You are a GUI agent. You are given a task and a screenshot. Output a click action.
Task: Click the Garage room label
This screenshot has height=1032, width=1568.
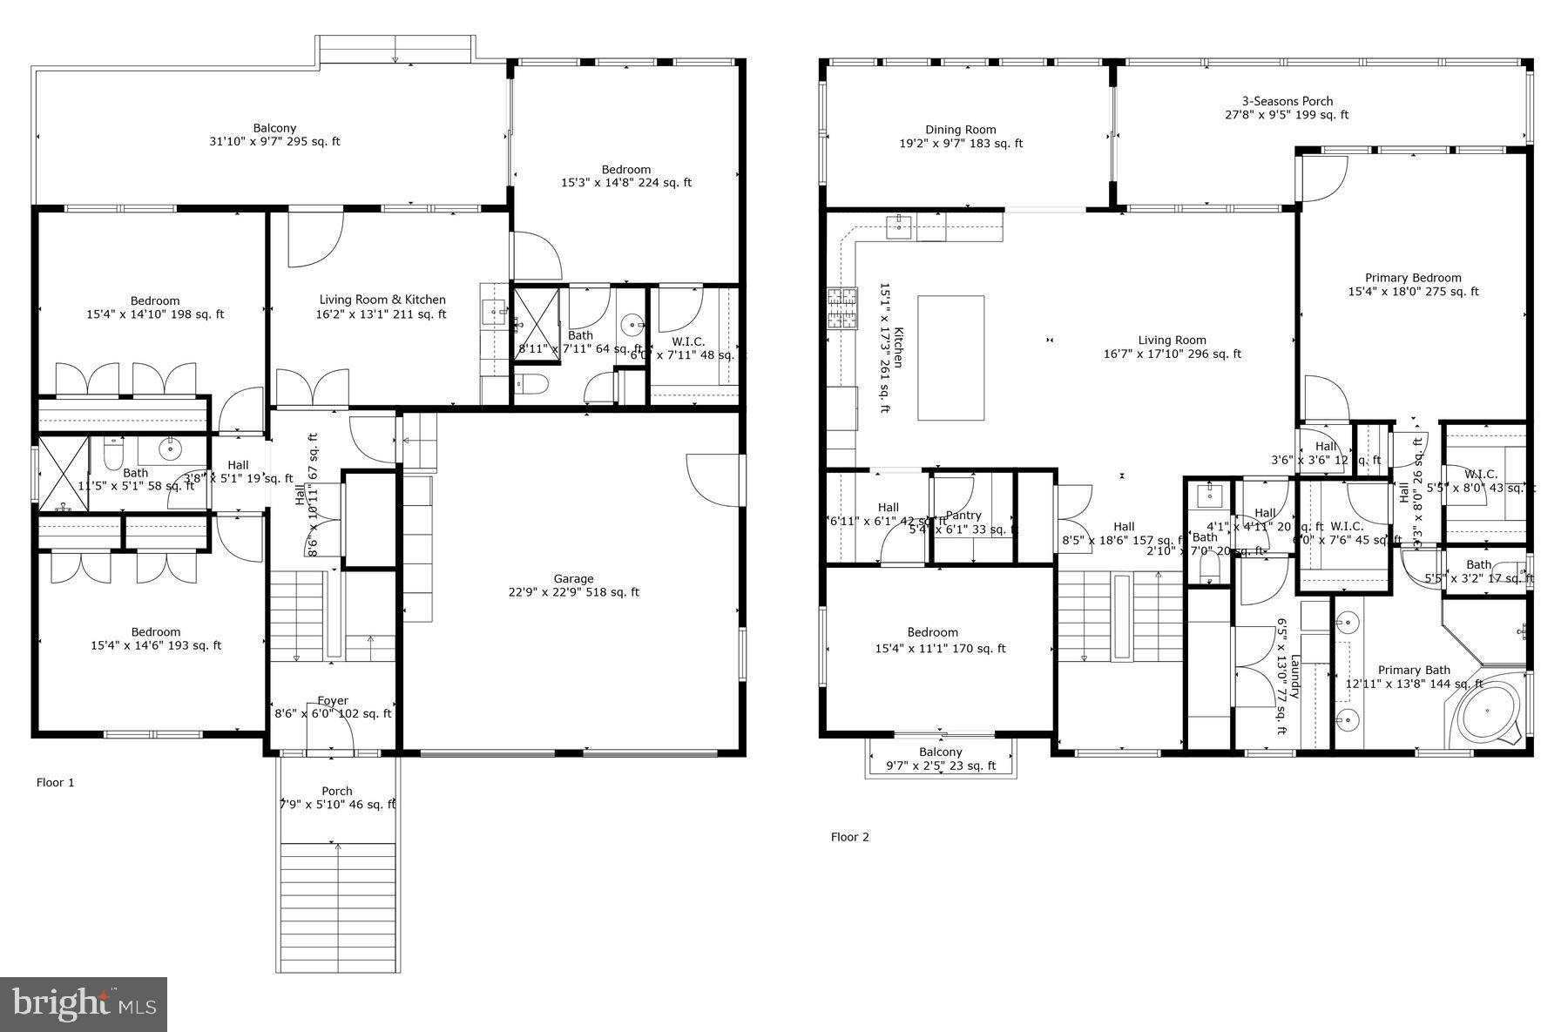[573, 585]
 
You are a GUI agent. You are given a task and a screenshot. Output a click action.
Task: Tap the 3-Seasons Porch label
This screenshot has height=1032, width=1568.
[1287, 108]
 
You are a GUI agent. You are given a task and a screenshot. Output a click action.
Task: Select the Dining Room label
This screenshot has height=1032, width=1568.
[961, 137]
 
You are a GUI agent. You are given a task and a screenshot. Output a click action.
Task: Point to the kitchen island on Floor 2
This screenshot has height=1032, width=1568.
[951, 358]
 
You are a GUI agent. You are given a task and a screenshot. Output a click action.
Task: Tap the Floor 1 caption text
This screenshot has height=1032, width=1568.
[55, 783]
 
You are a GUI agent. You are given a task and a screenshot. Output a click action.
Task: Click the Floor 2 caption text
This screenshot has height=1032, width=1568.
[849, 837]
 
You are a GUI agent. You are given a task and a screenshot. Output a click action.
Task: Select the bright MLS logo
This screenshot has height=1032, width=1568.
[84, 1003]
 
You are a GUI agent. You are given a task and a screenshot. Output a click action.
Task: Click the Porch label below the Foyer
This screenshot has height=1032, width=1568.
[337, 798]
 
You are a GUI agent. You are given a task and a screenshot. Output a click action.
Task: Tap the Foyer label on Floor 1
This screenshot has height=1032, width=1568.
[333, 706]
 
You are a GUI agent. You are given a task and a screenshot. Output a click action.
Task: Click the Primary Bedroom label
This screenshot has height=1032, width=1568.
[1412, 285]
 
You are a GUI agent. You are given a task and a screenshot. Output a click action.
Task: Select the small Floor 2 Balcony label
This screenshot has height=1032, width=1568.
[941, 759]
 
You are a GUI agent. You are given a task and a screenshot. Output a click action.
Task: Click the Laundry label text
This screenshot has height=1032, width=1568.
[1294, 677]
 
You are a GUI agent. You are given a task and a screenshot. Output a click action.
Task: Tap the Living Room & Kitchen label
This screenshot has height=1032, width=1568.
[382, 307]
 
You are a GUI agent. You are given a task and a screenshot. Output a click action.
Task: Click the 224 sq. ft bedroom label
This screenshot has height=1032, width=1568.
[625, 176]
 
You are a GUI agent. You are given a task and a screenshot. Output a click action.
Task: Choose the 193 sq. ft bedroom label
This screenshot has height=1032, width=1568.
[156, 638]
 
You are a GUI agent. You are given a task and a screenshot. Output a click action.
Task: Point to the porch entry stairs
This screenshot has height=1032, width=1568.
[338, 906]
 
